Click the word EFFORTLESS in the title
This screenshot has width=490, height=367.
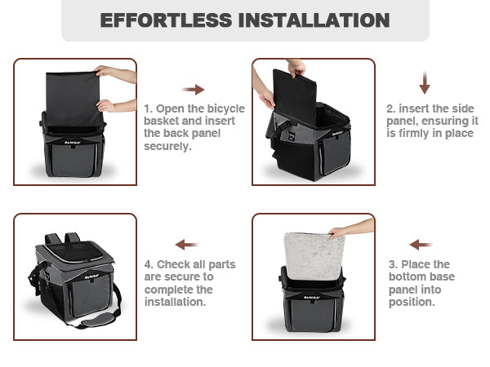pos(166,20)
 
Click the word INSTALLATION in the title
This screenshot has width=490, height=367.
pos(314,20)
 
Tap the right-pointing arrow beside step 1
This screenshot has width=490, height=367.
pos(193,90)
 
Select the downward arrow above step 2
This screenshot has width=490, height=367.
pos(425,82)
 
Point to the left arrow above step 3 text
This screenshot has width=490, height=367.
pos(421,245)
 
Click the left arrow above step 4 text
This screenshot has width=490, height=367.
pos(186,245)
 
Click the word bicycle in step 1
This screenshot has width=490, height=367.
pos(226,108)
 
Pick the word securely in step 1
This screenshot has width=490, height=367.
pos(167,146)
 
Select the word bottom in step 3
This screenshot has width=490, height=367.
pos(408,276)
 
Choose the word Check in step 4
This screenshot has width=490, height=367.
pos(171,264)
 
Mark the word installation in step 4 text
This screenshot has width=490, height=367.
pos(174,302)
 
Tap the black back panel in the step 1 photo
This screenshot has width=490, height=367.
pos(73,99)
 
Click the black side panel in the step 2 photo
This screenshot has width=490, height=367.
pos(295,97)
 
